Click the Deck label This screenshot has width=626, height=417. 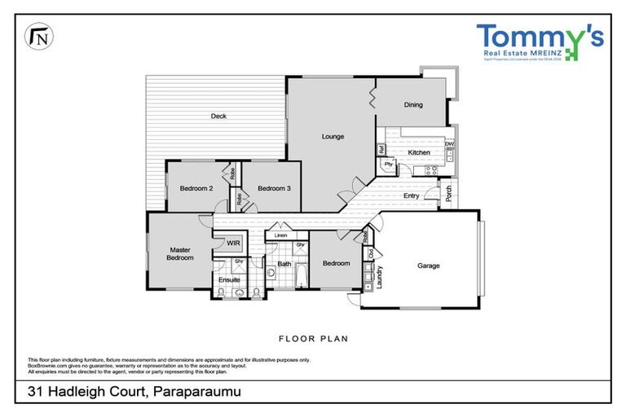click(x=218, y=116)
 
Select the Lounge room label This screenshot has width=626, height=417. click(x=333, y=136)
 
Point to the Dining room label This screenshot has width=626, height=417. click(x=413, y=104)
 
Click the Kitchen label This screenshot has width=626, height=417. click(x=418, y=152)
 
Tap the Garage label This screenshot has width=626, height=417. click(x=429, y=266)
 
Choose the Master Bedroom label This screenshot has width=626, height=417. click(x=181, y=253)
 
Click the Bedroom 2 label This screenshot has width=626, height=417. click(x=196, y=189)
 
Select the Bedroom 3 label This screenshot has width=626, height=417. click(x=274, y=189)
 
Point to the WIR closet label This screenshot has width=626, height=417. click(x=233, y=243)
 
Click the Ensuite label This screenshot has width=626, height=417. click(x=229, y=279)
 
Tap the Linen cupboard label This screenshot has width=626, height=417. click(x=281, y=235)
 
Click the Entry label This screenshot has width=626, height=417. click(x=412, y=195)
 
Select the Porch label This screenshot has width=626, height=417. click(x=447, y=194)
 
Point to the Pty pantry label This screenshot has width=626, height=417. click(x=388, y=164)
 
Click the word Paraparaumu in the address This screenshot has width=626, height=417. click(x=196, y=393)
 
